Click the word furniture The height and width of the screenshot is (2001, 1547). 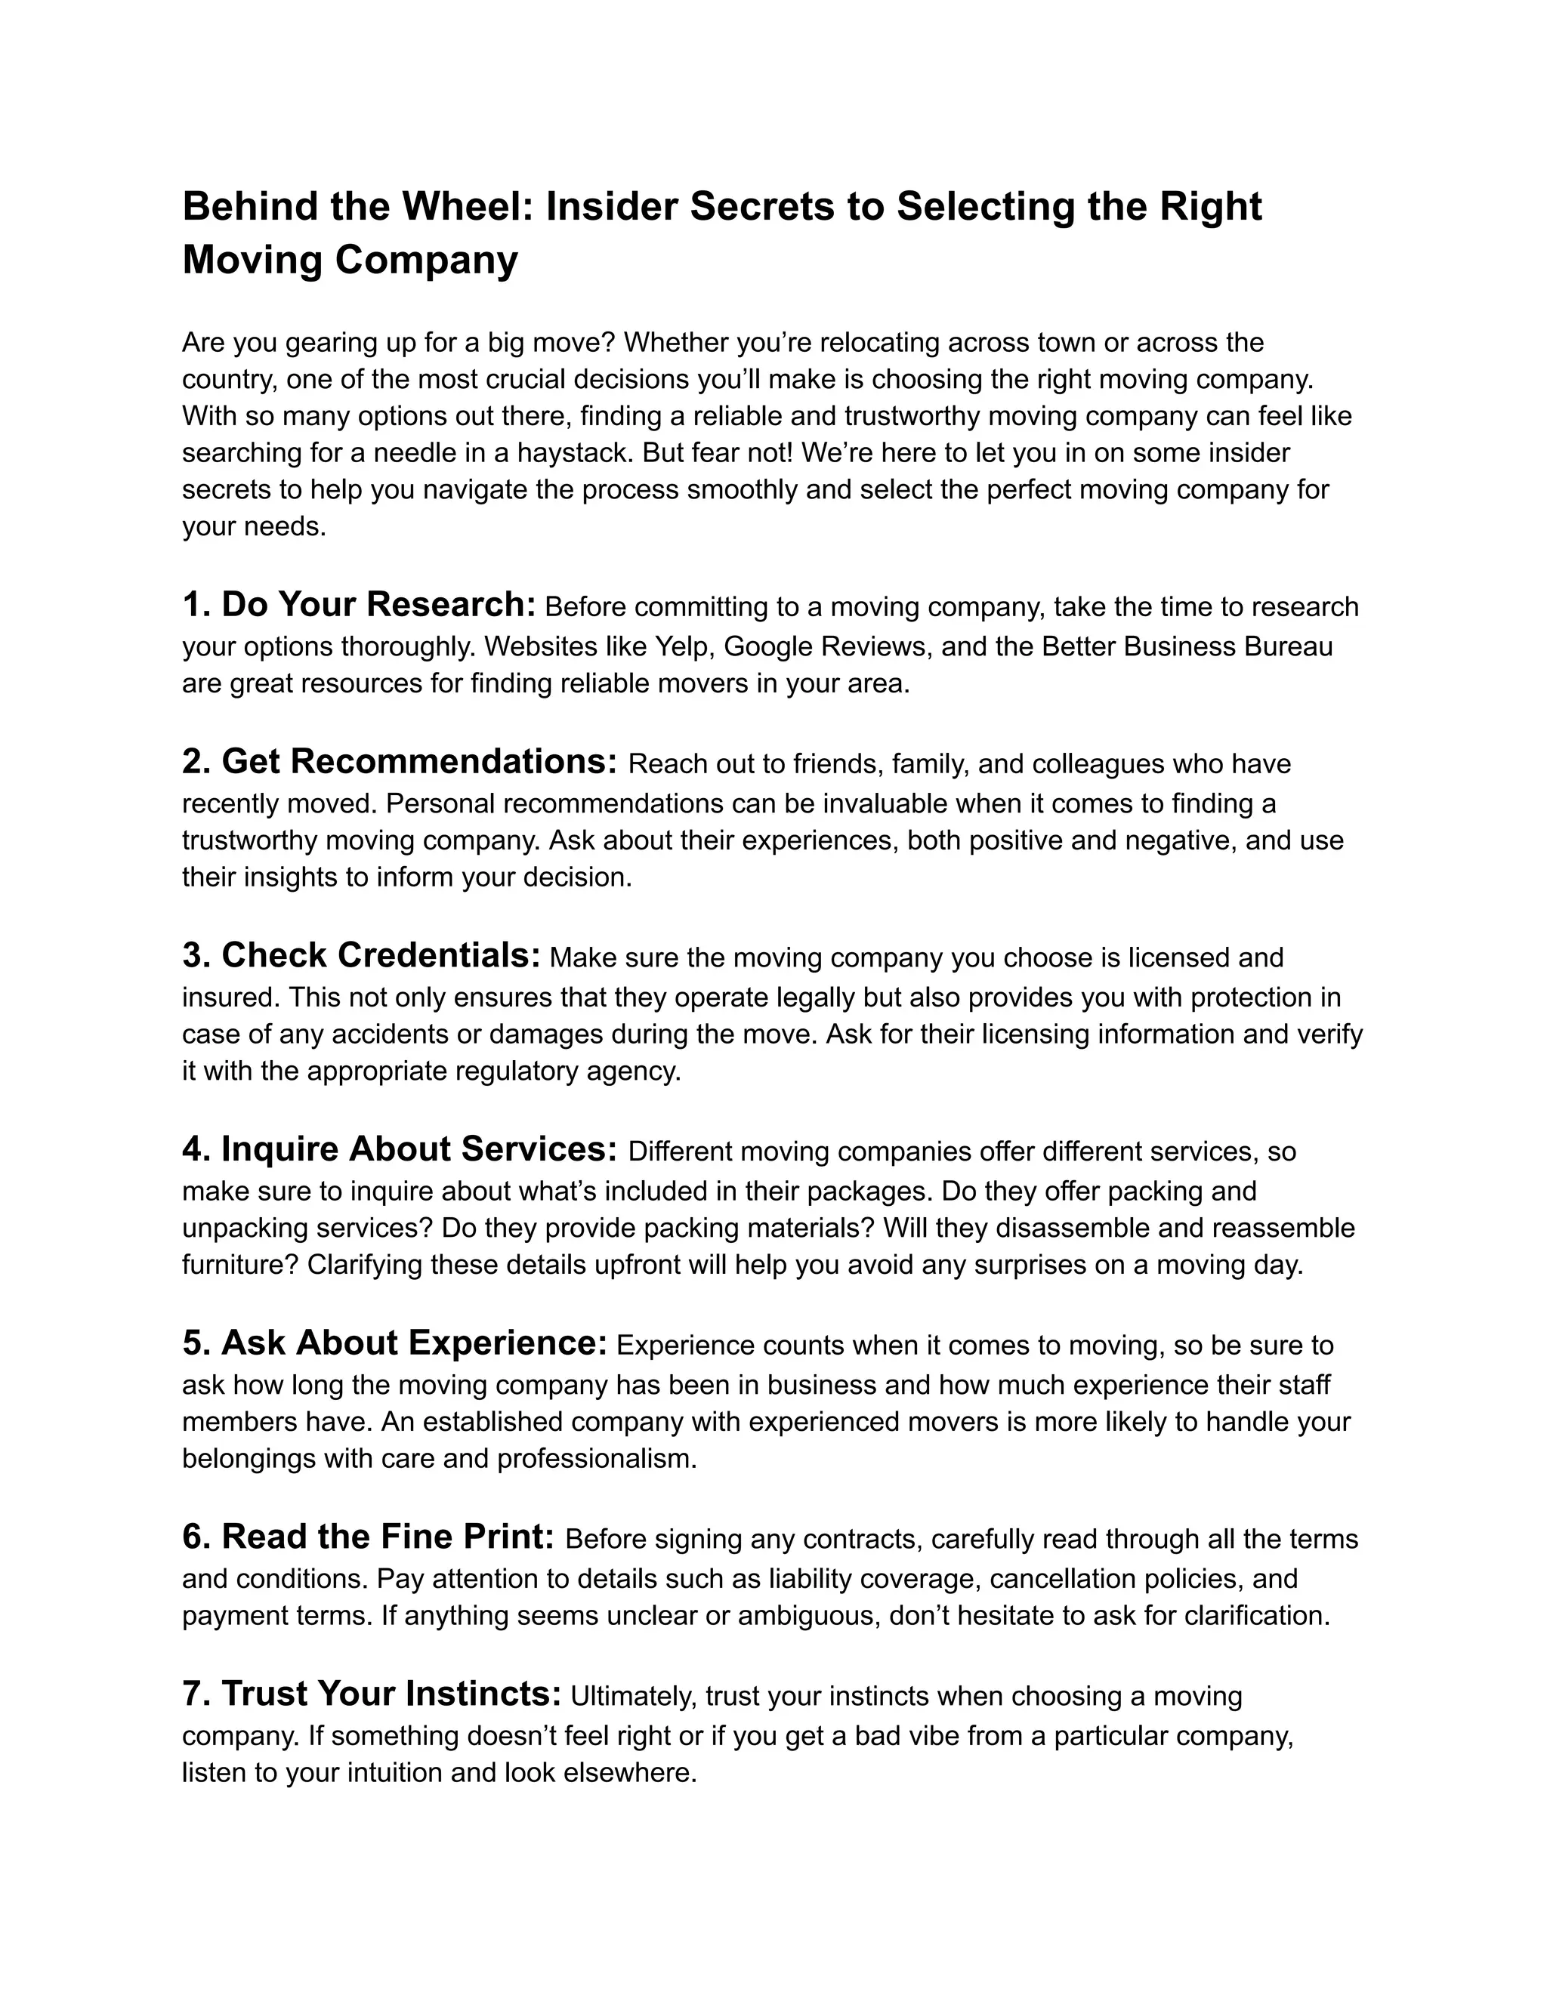point(240,1266)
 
